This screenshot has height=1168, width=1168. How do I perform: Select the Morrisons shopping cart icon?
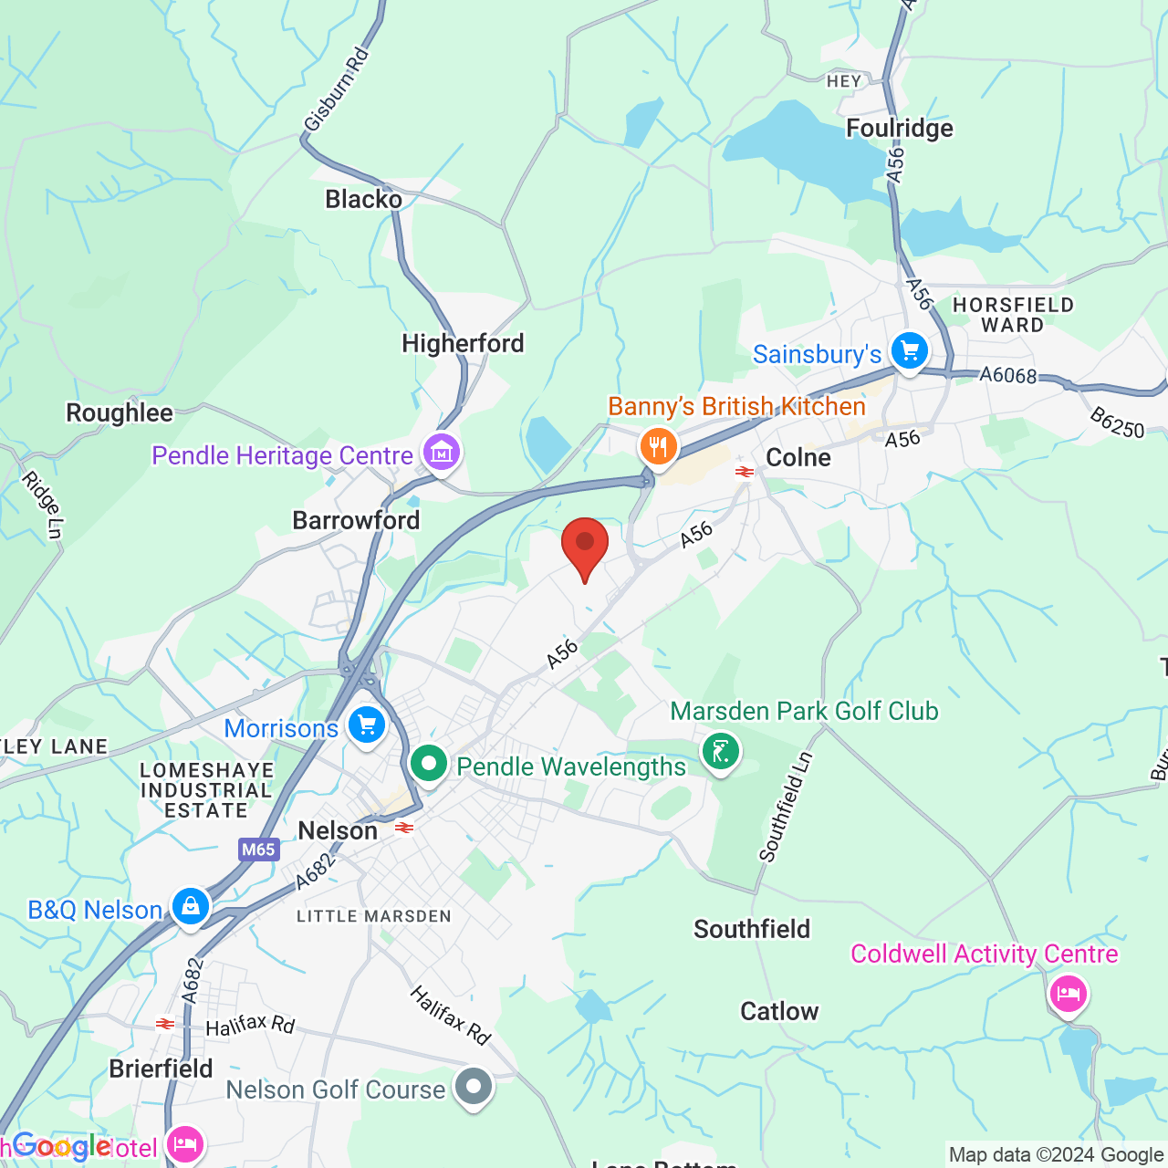(x=366, y=726)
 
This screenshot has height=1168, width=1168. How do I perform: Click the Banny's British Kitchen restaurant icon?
(x=657, y=446)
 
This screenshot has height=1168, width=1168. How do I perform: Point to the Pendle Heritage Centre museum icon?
(x=442, y=452)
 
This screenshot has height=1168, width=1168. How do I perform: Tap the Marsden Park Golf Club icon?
(x=721, y=752)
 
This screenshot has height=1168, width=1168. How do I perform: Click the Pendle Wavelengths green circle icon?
(x=428, y=764)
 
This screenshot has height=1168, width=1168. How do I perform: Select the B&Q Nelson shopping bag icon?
(x=190, y=906)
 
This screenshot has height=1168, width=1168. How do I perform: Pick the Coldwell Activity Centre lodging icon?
(x=1068, y=993)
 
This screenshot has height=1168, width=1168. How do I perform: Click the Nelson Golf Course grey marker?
(x=474, y=1087)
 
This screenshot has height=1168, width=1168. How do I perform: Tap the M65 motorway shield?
(x=258, y=850)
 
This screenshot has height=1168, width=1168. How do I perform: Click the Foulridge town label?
(x=899, y=129)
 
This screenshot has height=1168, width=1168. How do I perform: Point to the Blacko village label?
(x=363, y=199)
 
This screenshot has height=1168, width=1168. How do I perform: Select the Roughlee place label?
(x=120, y=413)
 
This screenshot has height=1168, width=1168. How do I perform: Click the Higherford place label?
(x=463, y=344)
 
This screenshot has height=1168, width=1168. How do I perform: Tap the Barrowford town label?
(x=356, y=521)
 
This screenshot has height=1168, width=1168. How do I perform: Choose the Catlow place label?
(x=779, y=1011)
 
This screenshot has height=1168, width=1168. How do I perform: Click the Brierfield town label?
(x=161, y=1069)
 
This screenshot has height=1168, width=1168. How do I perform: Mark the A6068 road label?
(x=1007, y=375)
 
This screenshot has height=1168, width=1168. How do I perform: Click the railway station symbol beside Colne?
(x=745, y=472)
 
